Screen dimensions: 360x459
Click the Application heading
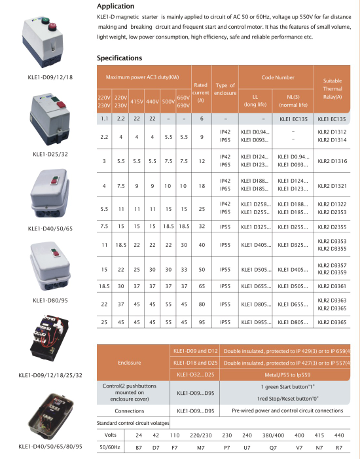(x=120, y=7)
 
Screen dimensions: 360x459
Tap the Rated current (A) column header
(x=201, y=92)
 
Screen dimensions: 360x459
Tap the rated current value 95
(x=201, y=323)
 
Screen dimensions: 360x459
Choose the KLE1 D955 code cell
(x=255, y=323)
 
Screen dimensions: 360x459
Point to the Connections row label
(x=128, y=411)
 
